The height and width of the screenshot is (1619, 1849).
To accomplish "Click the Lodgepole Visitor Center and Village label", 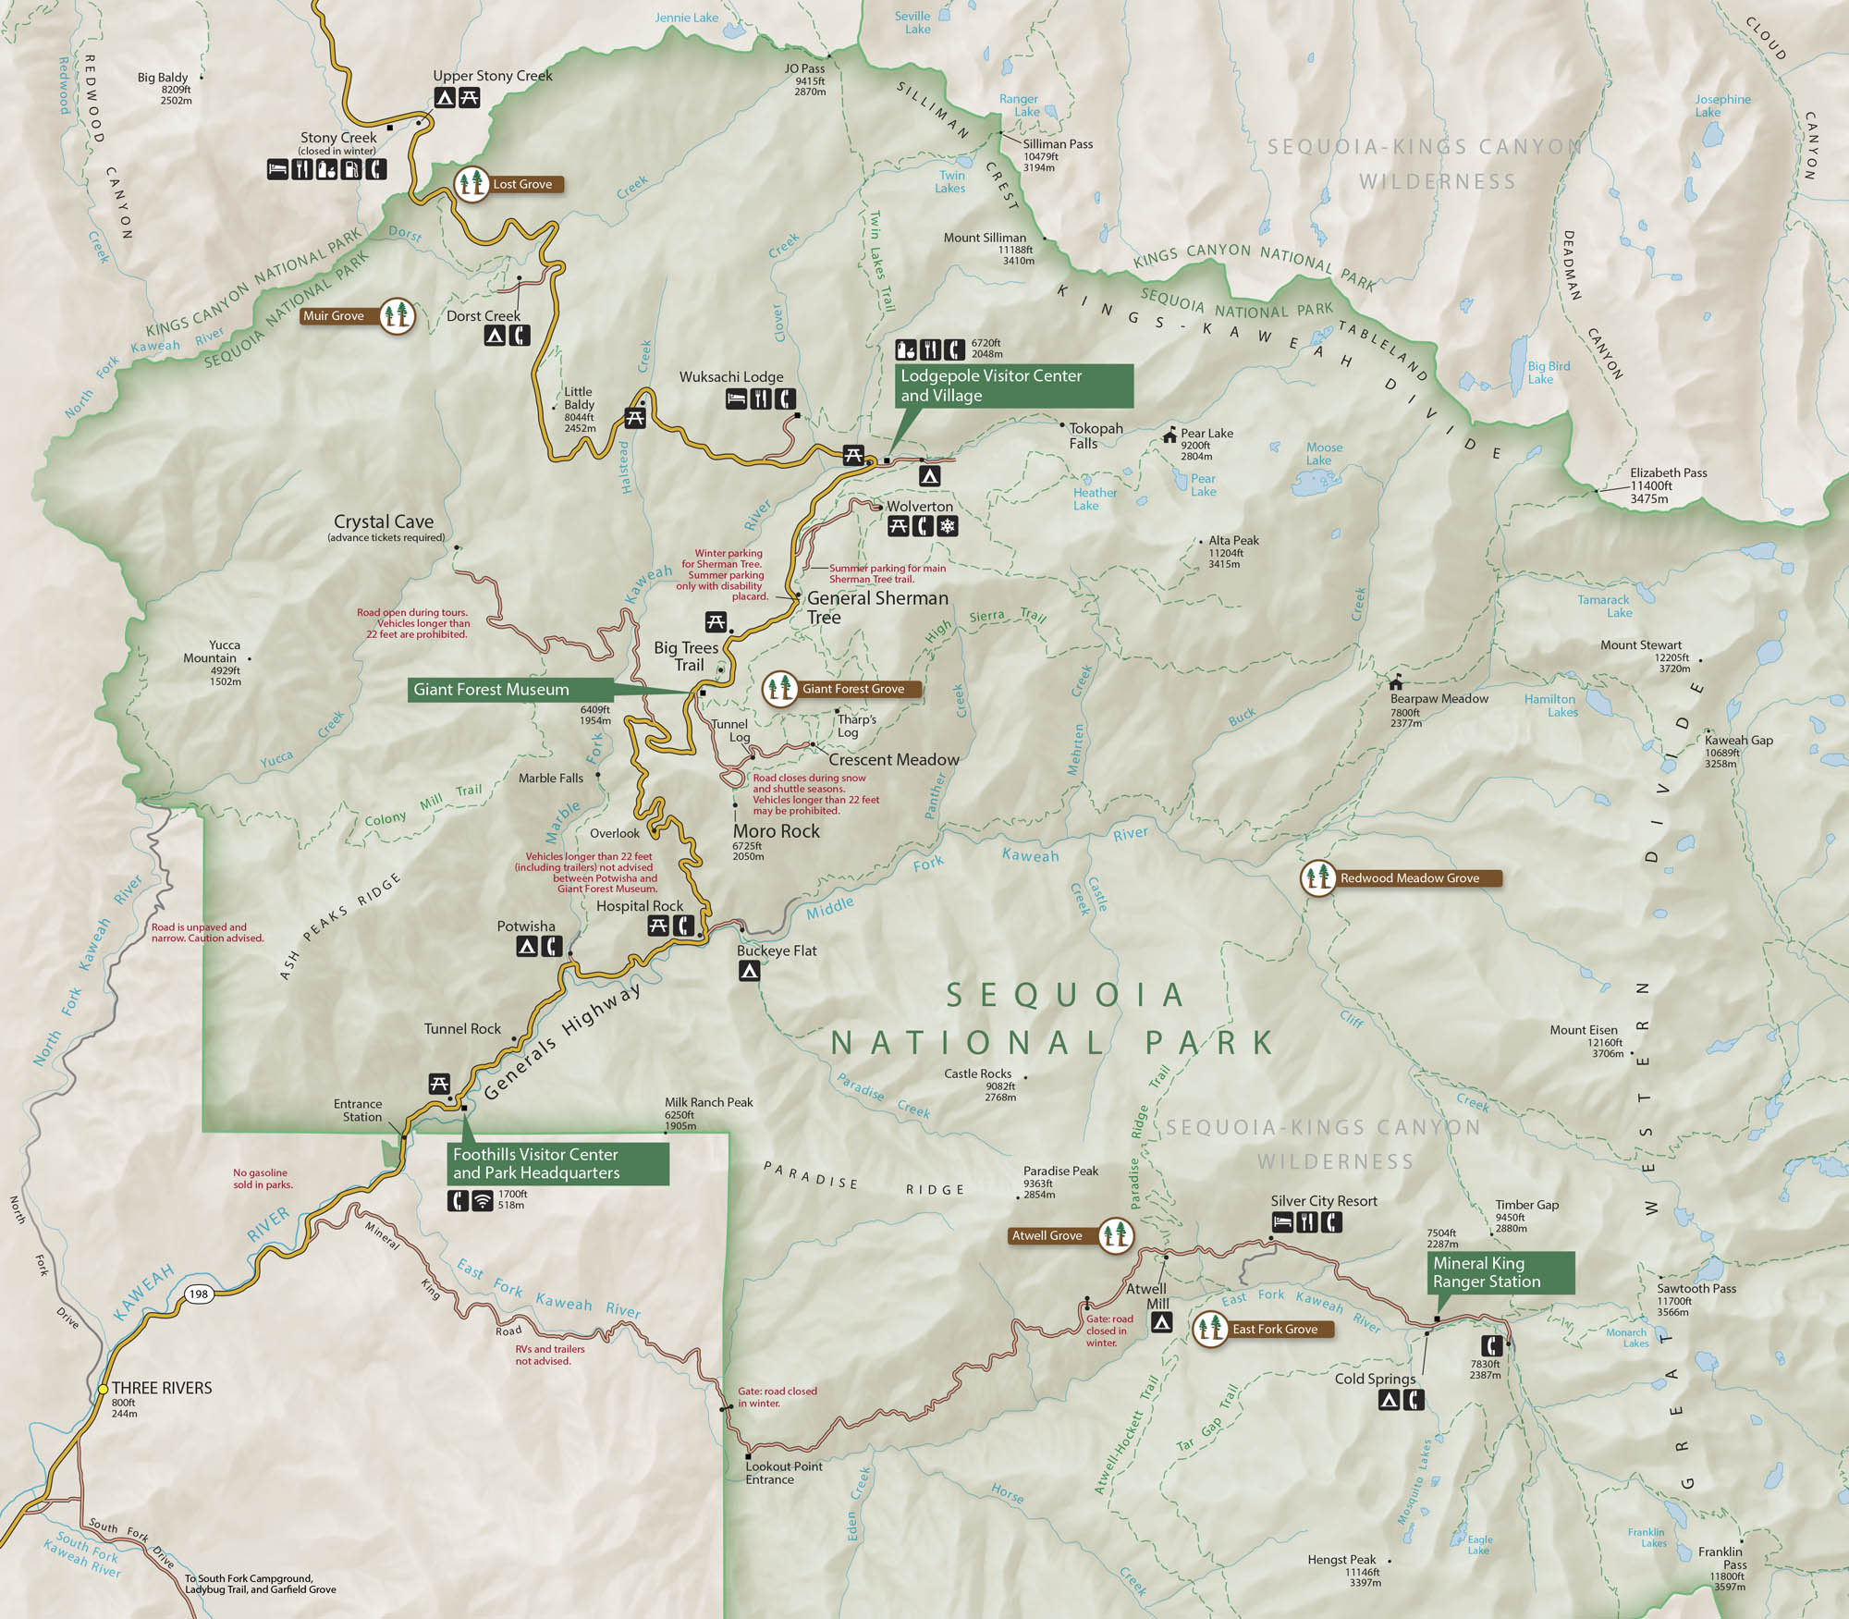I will (x=1014, y=386).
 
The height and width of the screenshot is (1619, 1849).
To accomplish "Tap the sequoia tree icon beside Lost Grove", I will (x=472, y=183).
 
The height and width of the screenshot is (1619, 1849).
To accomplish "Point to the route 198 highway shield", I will (x=199, y=1294).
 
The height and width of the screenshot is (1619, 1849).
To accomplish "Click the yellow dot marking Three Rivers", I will (x=104, y=1389).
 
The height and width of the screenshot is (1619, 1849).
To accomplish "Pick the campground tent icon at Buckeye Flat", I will (x=749, y=971).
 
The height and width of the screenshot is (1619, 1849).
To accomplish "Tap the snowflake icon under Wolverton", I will (x=948, y=527).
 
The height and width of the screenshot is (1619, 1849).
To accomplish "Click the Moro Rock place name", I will (x=777, y=831).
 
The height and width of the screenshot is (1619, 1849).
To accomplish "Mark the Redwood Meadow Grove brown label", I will (x=1409, y=877).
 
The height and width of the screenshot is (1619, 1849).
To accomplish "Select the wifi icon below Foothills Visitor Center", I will (x=483, y=1200).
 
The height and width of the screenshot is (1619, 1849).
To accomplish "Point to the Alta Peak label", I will (x=1233, y=541).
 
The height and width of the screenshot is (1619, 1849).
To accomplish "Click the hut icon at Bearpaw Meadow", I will (x=1396, y=683).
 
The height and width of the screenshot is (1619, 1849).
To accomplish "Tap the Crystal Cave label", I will (x=384, y=522).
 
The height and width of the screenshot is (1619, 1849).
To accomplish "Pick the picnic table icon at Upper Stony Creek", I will (x=469, y=97).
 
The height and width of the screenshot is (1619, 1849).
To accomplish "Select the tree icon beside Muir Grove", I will (x=397, y=315).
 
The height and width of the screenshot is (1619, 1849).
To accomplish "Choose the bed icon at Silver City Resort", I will (x=1282, y=1222).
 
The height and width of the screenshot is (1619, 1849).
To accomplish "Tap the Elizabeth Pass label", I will (x=1668, y=472).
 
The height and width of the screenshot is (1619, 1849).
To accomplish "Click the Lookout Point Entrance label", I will (x=783, y=1473).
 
